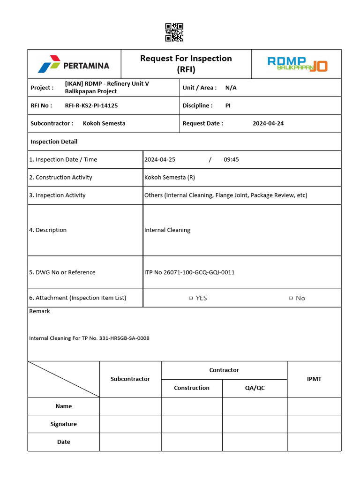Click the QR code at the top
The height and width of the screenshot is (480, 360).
tap(174, 32)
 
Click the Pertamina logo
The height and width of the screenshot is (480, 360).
tap(74, 65)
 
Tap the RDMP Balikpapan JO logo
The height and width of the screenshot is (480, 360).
tap(297, 64)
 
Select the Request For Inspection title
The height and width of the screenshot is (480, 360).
tap(186, 64)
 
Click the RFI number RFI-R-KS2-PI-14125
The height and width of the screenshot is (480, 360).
tap(91, 106)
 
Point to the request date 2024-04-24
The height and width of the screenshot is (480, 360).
tap(268, 124)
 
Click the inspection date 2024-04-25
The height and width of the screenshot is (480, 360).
tap(160, 159)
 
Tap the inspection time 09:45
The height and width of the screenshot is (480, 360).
tap(231, 159)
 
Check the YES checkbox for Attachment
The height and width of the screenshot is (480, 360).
tap(191, 298)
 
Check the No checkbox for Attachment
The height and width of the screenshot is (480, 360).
tap(291, 298)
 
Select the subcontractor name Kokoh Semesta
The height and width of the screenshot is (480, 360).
tap(104, 124)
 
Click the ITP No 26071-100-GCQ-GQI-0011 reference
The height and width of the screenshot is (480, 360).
tap(189, 272)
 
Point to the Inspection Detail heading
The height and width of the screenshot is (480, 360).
tap(54, 142)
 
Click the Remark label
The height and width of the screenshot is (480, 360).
tap(39, 311)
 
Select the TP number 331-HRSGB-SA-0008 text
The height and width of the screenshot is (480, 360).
tap(124, 338)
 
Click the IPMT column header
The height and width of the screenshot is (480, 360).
tap(314, 379)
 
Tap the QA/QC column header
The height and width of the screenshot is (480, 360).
tap(255, 388)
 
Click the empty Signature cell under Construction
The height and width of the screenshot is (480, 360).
tap(192, 424)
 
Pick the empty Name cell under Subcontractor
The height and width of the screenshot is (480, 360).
tap(130, 406)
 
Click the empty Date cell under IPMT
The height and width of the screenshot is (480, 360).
tap(314, 442)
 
